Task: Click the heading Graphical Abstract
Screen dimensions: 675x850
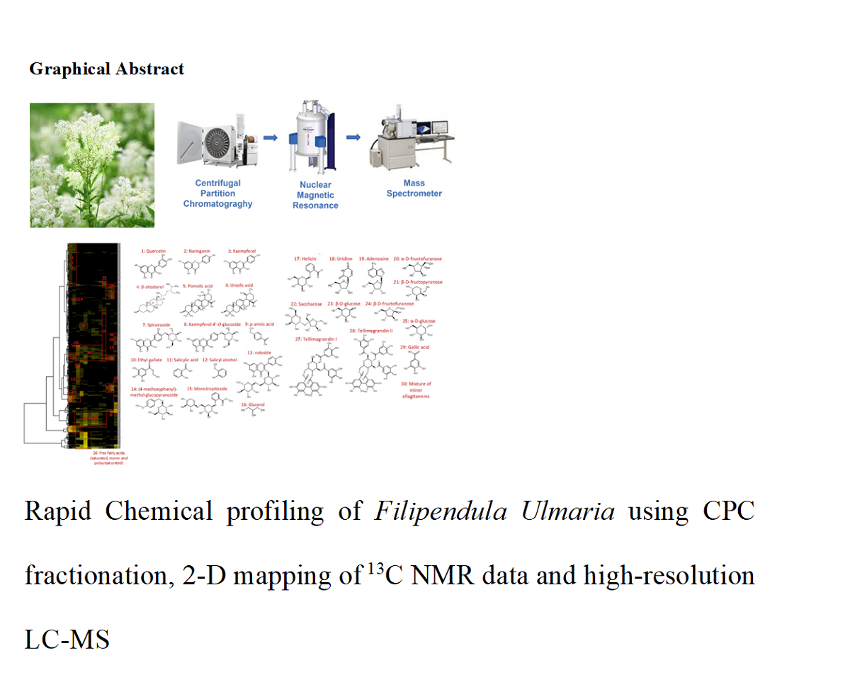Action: (x=106, y=69)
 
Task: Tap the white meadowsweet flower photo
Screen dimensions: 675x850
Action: (x=92, y=165)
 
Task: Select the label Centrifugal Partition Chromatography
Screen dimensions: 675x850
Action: (x=218, y=193)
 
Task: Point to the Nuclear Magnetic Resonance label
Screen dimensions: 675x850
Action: (x=315, y=195)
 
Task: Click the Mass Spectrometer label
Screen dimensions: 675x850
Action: (x=414, y=188)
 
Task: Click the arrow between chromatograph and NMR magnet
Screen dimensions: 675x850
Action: (x=270, y=139)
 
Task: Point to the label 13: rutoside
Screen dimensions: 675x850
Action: (x=259, y=351)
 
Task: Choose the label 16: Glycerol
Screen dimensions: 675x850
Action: (x=254, y=404)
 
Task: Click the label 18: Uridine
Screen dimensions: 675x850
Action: (x=341, y=259)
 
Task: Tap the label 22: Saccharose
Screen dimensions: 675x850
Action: (x=306, y=304)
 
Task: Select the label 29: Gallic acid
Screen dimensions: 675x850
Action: (x=414, y=347)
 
